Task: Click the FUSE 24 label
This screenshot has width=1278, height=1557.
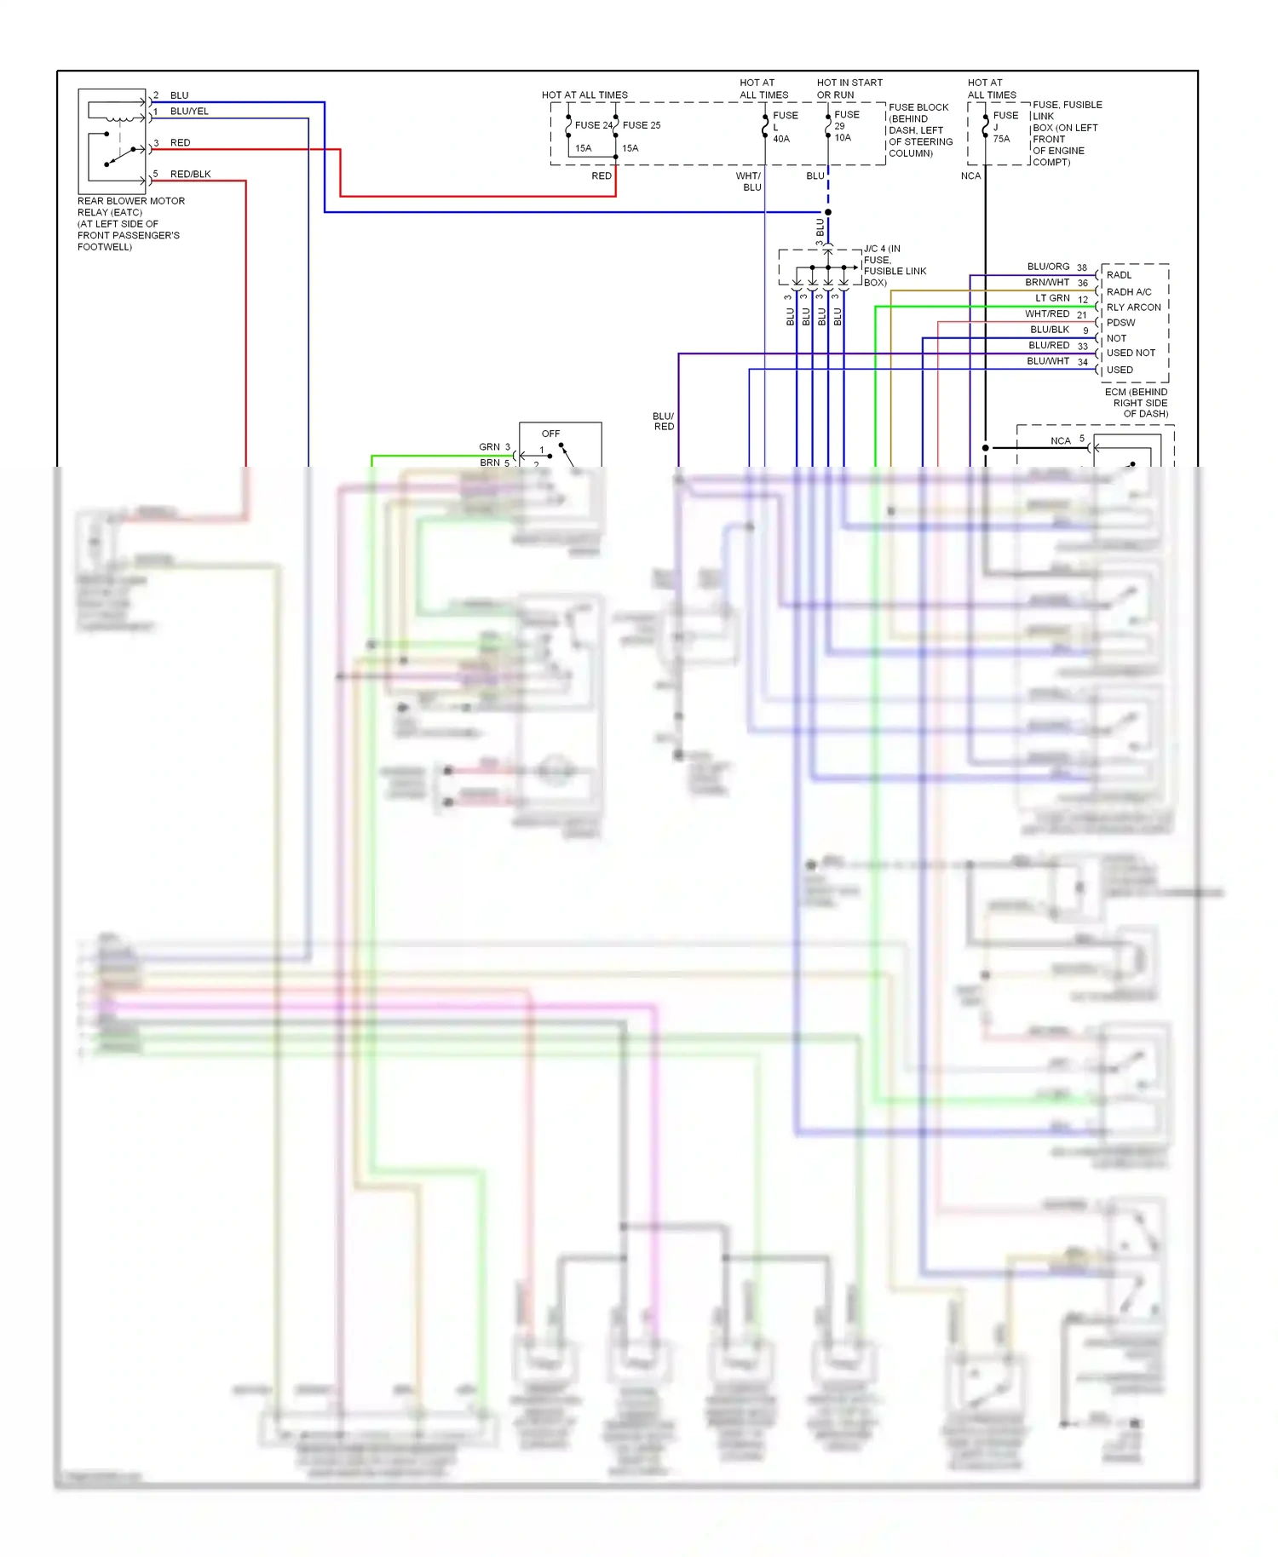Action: click(x=593, y=125)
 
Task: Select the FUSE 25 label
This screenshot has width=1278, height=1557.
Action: click(x=641, y=125)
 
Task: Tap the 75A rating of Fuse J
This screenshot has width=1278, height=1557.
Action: click(x=1001, y=139)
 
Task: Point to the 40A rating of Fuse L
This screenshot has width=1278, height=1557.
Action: click(x=780, y=139)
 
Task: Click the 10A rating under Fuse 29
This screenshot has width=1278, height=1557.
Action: click(x=842, y=137)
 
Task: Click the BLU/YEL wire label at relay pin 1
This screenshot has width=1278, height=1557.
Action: click(x=189, y=112)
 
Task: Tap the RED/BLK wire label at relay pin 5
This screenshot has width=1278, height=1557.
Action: click(x=190, y=174)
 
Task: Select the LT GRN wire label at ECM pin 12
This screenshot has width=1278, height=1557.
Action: click(x=1052, y=298)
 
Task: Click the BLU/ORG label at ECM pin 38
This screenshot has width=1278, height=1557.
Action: click(x=1048, y=267)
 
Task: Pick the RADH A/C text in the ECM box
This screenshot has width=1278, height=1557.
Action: click(x=1128, y=291)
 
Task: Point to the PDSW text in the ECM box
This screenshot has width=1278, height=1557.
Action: click(x=1120, y=323)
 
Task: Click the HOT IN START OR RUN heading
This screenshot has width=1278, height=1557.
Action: click(x=849, y=89)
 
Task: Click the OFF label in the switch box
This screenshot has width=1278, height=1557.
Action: click(x=550, y=434)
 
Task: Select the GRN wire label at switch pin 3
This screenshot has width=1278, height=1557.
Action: click(x=489, y=446)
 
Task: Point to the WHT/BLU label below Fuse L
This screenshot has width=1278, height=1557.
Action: click(x=749, y=181)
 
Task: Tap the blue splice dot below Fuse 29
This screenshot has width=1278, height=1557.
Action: click(x=827, y=212)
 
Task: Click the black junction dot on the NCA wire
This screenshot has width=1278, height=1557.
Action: click(x=985, y=447)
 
